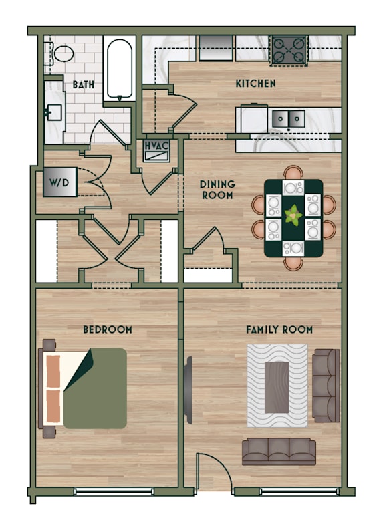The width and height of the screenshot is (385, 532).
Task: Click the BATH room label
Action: coord(83,84)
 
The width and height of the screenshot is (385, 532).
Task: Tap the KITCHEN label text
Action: coord(256,83)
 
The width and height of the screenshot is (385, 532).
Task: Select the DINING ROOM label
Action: coord(217,190)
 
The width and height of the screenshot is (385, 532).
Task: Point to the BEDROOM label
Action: coord(108,329)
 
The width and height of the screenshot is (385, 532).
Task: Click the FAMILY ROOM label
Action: coord(279,329)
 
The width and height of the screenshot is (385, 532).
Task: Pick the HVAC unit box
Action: coord(156,150)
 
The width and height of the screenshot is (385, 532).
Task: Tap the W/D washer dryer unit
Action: coord(59,182)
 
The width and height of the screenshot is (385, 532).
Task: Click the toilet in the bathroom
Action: coord(60,53)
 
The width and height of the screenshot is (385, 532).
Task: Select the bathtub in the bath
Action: coord(120,69)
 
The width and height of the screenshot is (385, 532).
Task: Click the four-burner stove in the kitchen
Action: coord(289,51)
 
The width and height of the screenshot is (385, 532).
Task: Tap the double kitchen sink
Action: coord(288,119)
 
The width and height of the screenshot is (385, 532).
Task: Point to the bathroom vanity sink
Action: coord(54,112)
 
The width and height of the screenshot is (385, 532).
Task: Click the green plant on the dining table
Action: coord(293,215)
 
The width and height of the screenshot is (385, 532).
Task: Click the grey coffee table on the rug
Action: coord(277,387)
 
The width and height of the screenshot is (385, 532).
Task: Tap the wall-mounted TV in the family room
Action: coord(188,390)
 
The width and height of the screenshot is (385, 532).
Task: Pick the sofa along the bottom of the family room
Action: coord(279,452)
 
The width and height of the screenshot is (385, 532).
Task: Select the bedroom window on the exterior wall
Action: coord(114,491)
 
